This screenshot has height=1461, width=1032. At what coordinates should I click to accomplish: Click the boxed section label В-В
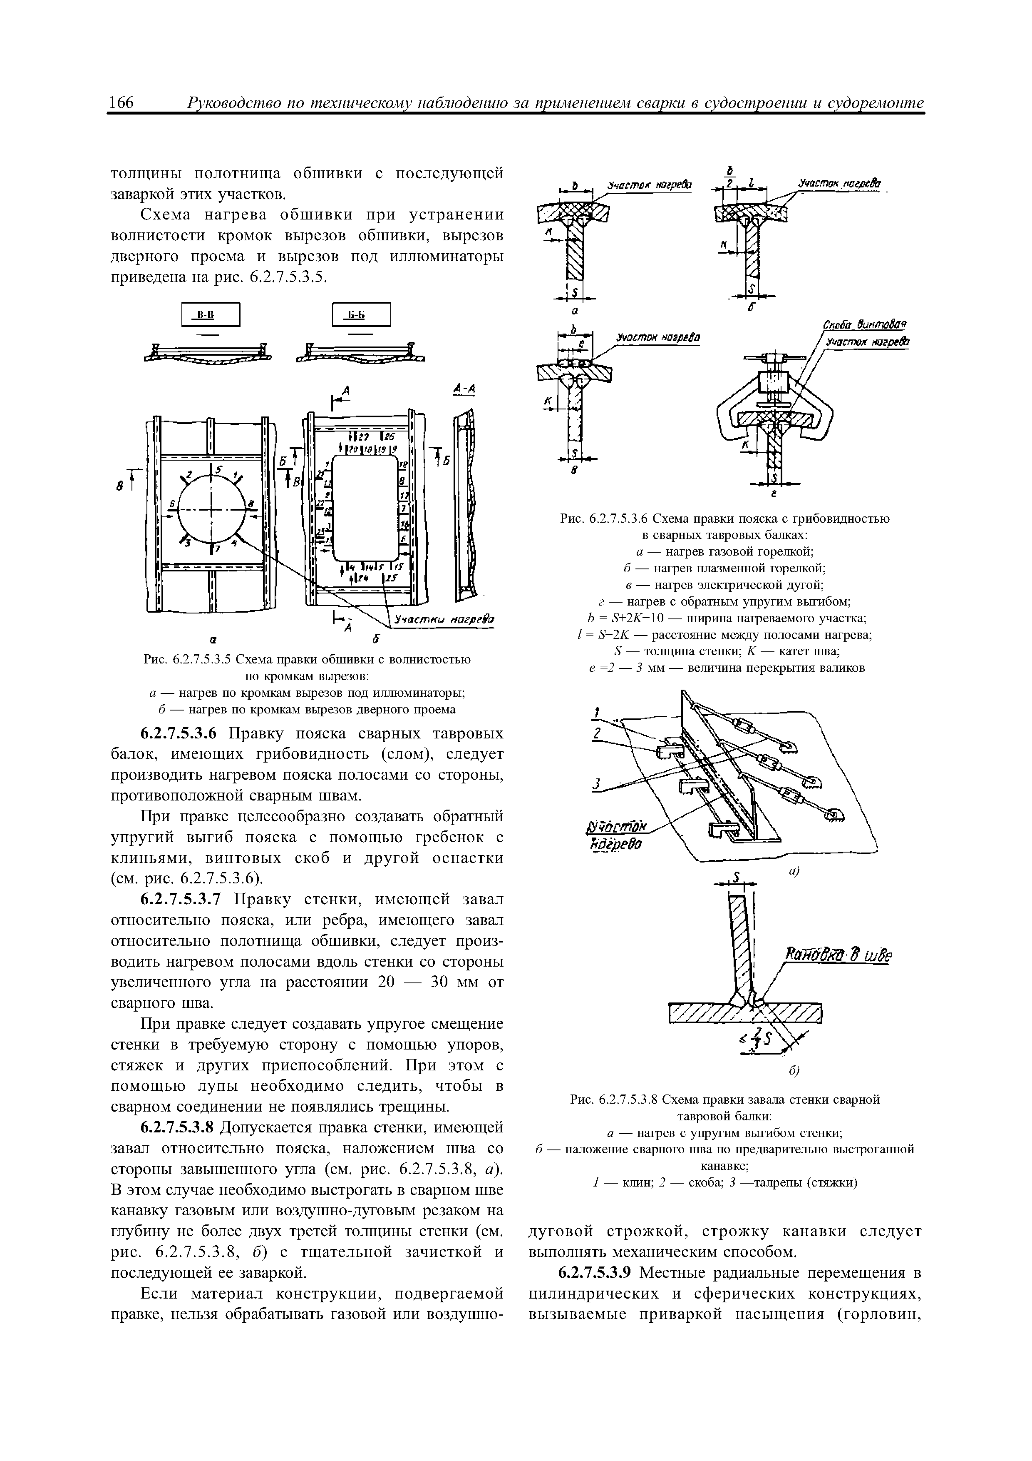[211, 314]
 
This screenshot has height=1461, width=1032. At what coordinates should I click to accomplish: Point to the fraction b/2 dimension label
[730, 177]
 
